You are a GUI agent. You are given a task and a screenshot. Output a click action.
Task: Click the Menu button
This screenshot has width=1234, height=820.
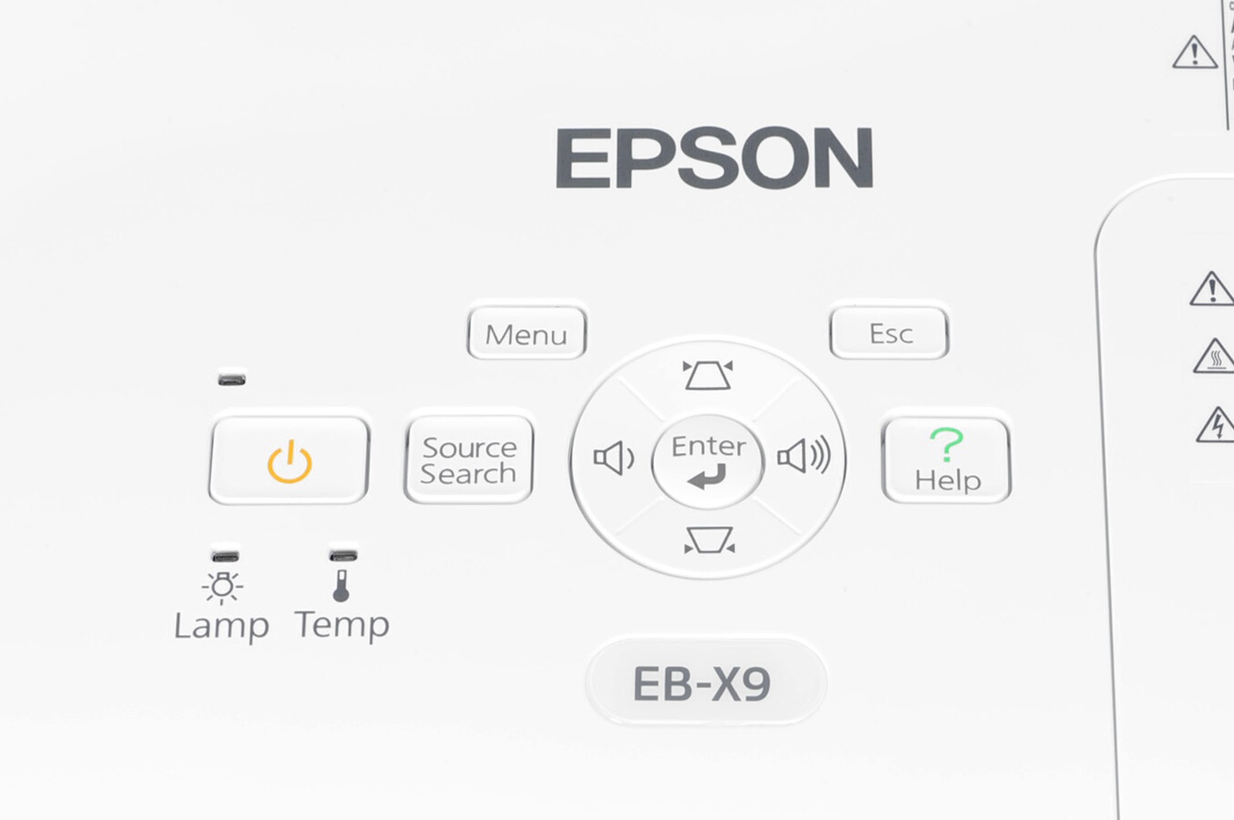526,333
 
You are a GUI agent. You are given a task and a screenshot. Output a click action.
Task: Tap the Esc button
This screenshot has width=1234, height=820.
889,333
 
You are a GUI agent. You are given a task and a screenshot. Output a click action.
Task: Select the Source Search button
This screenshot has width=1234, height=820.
468,459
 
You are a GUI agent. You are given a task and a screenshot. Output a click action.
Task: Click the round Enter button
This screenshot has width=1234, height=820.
708,460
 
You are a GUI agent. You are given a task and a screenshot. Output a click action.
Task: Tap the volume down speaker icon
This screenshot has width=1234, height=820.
613,458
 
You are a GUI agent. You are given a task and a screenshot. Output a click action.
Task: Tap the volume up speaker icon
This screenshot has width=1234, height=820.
803,456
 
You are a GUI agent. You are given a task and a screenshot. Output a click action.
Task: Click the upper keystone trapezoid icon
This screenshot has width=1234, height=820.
708,374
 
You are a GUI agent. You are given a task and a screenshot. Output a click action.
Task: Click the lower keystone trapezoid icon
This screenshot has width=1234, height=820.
709,542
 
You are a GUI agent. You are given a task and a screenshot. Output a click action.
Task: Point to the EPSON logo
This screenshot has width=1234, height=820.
714,159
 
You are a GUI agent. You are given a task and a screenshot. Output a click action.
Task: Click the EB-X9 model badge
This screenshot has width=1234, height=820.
703,683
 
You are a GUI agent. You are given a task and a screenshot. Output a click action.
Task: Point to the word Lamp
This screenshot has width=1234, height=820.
221,626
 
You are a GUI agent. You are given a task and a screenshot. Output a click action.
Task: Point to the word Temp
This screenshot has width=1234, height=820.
342,625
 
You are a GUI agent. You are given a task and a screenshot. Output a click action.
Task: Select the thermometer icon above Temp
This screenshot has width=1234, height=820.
342,586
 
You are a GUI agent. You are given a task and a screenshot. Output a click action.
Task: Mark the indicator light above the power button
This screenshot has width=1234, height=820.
231,378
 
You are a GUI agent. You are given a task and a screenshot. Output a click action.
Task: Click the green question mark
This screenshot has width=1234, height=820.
946,445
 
